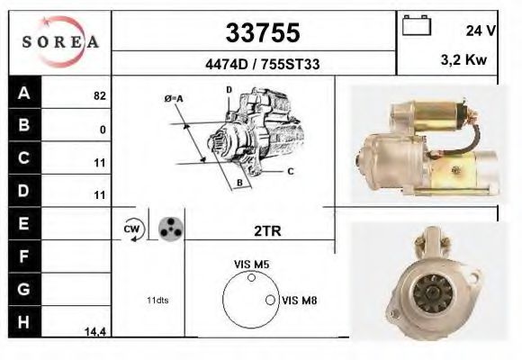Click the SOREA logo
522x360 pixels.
(59, 42)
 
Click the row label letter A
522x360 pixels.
(23, 93)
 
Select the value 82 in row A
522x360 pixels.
(100, 94)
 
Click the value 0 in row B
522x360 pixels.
(103, 130)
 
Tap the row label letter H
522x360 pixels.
(23, 322)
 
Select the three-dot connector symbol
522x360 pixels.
(169, 229)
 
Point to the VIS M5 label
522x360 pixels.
(251, 264)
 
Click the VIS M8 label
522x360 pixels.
(301, 300)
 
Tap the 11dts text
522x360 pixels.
(158, 299)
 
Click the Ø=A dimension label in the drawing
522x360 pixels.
(174, 98)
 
